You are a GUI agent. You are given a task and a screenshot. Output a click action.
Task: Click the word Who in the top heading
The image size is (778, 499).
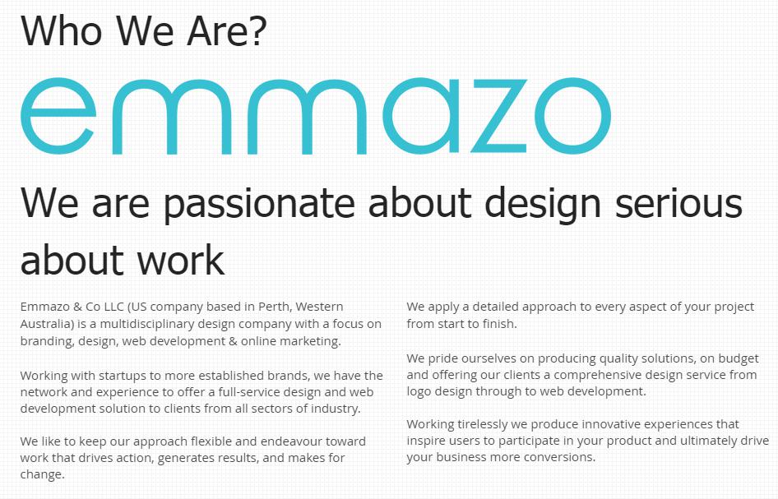pyautogui.click(x=61, y=30)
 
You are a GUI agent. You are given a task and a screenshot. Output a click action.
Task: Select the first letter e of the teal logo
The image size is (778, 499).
pyautogui.click(x=58, y=116)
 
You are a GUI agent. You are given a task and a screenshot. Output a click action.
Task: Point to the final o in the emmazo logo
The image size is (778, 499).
pyautogui.click(x=572, y=116)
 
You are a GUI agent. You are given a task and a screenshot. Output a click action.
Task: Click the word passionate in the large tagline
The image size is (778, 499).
pyautogui.click(x=260, y=204)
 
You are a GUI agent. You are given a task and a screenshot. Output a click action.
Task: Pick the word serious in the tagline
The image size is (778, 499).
pyautogui.click(x=678, y=203)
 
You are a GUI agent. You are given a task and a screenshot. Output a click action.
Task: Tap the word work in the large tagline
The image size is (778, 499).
pyautogui.click(x=181, y=261)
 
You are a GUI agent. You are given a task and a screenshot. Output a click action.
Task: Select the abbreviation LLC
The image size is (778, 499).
pyautogui.click(x=113, y=307)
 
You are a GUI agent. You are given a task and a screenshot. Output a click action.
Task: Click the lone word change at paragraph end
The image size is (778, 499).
pyautogui.click(x=42, y=474)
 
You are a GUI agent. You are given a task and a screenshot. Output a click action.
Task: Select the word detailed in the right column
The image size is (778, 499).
pyautogui.click(x=495, y=307)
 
